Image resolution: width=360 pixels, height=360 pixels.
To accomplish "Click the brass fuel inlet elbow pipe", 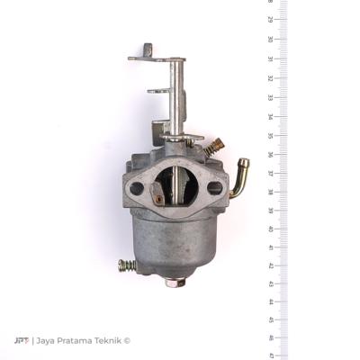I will (x=240, y=177).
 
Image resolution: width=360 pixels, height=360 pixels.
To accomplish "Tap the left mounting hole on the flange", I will (x=137, y=189).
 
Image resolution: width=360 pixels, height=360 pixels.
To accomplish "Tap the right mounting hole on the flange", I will (x=215, y=188).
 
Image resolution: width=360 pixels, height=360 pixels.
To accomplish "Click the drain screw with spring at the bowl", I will (x=128, y=266).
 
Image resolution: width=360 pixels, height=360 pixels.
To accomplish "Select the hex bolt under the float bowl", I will (x=176, y=282).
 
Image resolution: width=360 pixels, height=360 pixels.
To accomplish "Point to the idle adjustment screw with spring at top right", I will (x=213, y=145).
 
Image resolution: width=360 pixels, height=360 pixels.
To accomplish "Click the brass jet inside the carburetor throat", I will (x=158, y=197).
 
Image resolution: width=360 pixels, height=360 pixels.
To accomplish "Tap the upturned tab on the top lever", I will (x=147, y=50).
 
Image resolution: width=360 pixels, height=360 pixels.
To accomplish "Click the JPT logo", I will (x=22, y=340).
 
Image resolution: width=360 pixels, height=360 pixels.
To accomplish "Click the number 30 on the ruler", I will (x=271, y=40).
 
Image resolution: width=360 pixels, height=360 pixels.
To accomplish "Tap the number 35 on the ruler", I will (x=271, y=135).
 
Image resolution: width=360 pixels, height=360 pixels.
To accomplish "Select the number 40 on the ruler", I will (x=271, y=229).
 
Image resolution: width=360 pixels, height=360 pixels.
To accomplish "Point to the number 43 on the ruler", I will (x=271, y=283).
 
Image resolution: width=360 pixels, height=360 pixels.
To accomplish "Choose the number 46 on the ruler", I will (x=271, y=338).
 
